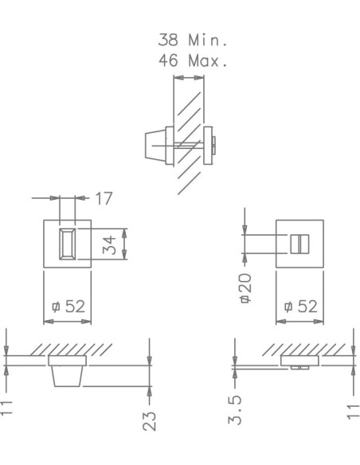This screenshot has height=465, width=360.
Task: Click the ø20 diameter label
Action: click(x=245, y=287)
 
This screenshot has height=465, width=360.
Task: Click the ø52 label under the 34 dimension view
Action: click(x=68, y=306)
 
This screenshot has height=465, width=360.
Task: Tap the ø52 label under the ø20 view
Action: click(x=299, y=306)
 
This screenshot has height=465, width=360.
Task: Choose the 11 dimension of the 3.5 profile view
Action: click(x=350, y=409)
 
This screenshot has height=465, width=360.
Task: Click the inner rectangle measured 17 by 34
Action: click(x=68, y=243)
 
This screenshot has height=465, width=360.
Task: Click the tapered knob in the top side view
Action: click(x=155, y=147)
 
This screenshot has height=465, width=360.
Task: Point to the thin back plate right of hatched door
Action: click(x=209, y=147)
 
